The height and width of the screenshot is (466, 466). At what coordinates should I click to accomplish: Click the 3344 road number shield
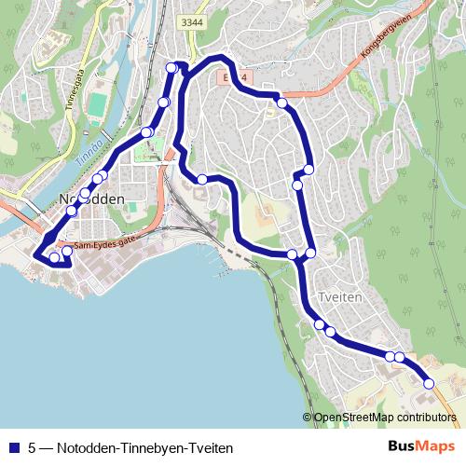tap(192, 21)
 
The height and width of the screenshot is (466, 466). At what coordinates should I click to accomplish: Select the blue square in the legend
tap(12, 448)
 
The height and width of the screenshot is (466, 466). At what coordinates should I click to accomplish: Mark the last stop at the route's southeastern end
tap(429, 383)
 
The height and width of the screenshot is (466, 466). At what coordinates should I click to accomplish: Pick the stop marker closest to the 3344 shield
tap(171, 67)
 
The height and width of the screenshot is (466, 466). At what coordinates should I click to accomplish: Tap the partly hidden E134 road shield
tap(233, 77)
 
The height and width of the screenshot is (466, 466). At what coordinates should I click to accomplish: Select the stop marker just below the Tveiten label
tap(320, 324)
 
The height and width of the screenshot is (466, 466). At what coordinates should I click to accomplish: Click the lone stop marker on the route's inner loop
tap(201, 178)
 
